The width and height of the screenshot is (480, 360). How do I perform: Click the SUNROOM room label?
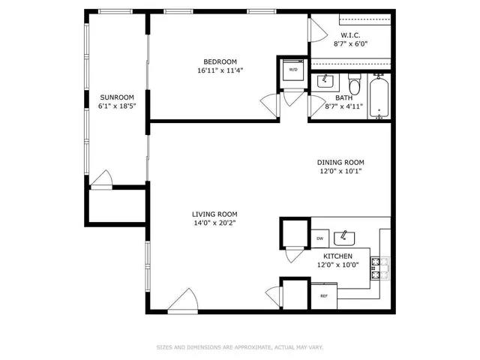[117, 97]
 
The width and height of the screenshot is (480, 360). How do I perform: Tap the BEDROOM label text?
[220, 61]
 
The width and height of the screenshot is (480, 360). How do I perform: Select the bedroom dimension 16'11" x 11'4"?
[220, 71]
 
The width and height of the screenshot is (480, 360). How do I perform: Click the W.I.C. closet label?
[350, 35]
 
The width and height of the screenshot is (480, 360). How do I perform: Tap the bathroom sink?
[325, 81]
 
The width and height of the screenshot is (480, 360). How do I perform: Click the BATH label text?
[343, 98]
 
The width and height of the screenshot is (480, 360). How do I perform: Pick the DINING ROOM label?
[340, 162]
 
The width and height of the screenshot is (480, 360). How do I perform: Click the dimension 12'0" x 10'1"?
[340, 171]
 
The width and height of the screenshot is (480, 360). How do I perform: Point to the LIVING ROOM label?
[214, 214]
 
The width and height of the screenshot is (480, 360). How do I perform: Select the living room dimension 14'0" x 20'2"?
[214, 223]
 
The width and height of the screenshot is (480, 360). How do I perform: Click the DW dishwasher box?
[319, 238]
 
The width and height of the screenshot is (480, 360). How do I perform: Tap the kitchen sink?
[344, 238]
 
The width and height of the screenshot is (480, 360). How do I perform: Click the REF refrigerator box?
[325, 296]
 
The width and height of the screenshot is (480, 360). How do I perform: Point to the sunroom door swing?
[103, 180]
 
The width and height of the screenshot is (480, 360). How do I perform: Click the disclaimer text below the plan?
[239, 347]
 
